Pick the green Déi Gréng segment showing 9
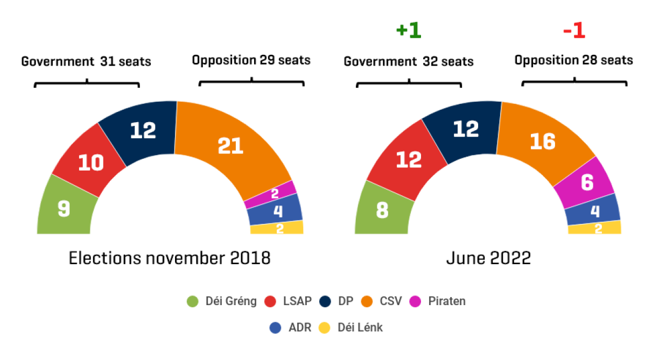65,208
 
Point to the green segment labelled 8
382,210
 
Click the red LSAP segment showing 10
90,162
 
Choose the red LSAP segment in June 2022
408,159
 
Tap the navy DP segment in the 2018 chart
143,130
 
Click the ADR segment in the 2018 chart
277,210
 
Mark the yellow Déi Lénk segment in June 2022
596,228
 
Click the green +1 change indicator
408,31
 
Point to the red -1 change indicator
574,31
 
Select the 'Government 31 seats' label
86,61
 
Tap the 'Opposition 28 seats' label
573,60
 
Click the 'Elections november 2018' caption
170,258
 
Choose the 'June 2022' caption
488,258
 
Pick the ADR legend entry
291,327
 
